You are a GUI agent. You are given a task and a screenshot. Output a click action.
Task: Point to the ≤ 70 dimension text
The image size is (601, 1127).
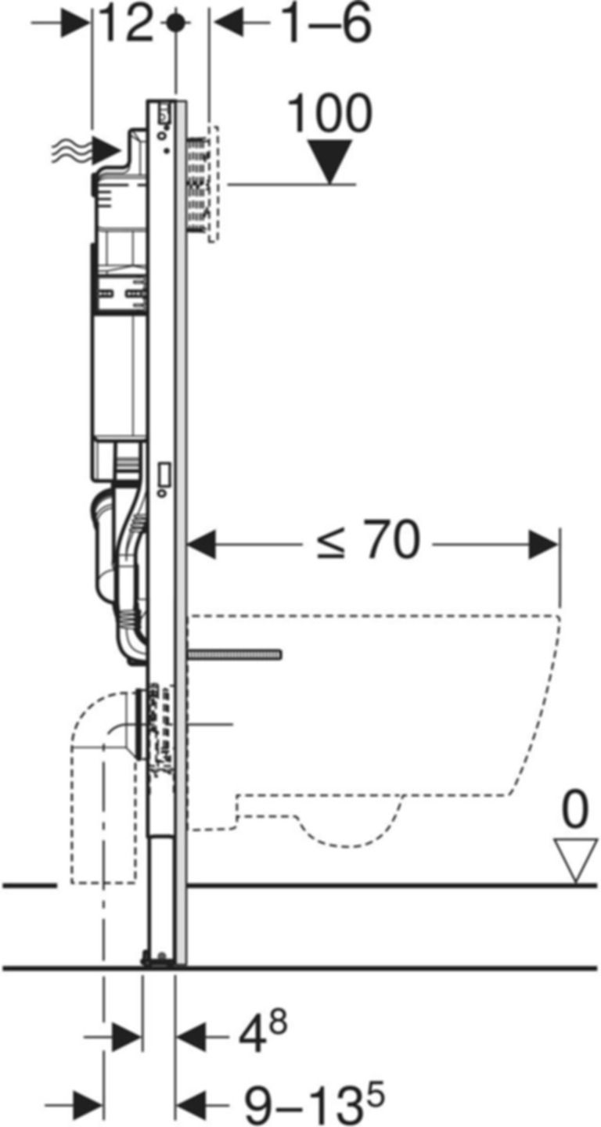pyautogui.click(x=368, y=542)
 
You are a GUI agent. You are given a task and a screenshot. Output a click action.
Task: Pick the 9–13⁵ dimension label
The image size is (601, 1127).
pyautogui.click(x=313, y=1104)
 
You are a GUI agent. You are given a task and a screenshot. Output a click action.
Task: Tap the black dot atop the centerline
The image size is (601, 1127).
pyautogui.click(x=177, y=23)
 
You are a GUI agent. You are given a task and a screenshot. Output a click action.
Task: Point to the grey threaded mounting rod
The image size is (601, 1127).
pyautogui.click(x=235, y=654)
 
